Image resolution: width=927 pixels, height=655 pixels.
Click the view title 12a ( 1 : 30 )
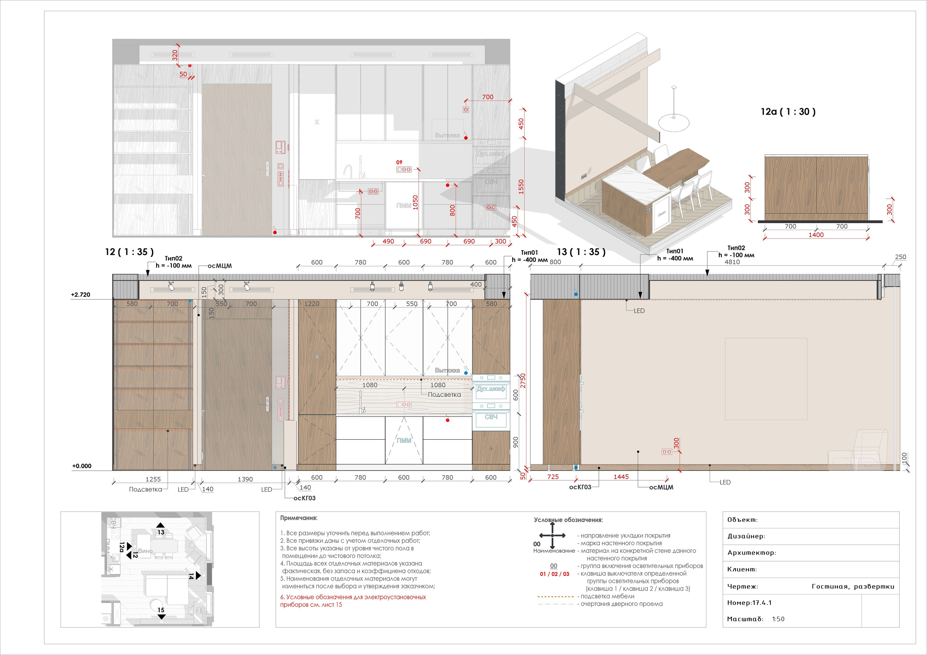coord(788,112)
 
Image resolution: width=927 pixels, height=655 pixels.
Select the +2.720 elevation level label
coord(80,295)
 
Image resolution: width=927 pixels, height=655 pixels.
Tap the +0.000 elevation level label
coord(81,466)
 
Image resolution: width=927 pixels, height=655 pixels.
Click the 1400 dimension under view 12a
coord(815,235)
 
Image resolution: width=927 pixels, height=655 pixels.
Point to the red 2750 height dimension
coord(523,381)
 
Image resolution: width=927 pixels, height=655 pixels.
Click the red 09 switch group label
coord(399,162)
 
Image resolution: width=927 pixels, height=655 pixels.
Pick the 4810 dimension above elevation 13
coord(732,262)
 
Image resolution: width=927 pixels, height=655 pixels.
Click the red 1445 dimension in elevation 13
coord(621,477)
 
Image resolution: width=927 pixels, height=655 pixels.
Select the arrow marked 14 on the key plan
coord(198,576)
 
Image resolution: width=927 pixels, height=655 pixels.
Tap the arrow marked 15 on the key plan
coord(161,616)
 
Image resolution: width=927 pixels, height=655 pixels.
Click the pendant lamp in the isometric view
coord(674,121)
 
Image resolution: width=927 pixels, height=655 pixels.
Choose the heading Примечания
coord(299,518)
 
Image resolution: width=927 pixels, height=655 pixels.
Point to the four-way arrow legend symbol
coord(553,536)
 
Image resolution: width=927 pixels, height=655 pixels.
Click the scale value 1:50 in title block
coord(778,619)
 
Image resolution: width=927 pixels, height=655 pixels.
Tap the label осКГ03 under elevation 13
coord(580,487)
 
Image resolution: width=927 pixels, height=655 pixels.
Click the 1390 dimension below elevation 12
coord(245,479)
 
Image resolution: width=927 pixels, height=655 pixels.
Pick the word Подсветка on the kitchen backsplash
coord(444,395)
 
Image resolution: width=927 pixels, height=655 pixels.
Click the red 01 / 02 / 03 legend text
coord(554,574)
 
